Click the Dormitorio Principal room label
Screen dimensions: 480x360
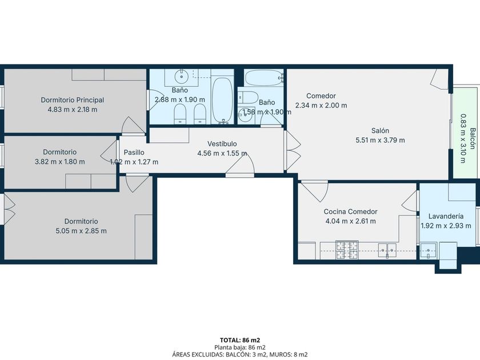(73, 100)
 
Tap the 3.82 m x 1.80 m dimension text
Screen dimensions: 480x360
(60, 162)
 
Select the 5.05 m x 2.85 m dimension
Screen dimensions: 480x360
(81, 231)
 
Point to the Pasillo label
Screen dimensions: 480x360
(134, 152)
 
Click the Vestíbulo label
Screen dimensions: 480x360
(222, 143)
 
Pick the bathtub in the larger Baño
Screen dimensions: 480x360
(222, 100)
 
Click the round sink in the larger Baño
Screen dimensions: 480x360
(182, 77)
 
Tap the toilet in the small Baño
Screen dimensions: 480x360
(248, 97)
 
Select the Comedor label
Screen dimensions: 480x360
(321, 96)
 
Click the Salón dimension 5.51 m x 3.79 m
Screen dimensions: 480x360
(380, 140)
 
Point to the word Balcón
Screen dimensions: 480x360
(473, 138)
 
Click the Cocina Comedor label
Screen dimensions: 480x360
(350, 211)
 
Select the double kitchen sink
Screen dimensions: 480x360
(387, 250)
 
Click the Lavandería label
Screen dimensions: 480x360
(446, 216)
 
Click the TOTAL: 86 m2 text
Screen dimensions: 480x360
(240, 340)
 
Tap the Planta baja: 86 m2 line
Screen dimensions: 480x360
(240, 347)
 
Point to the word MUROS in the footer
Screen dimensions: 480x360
(278, 355)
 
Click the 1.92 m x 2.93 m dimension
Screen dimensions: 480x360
(446, 226)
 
